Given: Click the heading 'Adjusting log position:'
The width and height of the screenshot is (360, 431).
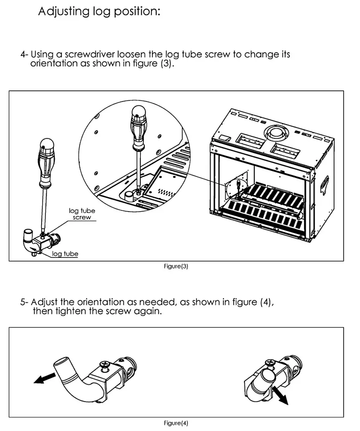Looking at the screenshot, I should (x=99, y=11).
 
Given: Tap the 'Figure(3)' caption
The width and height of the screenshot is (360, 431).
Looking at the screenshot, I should (x=176, y=266).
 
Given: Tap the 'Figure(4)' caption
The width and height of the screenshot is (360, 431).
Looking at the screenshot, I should (x=176, y=423).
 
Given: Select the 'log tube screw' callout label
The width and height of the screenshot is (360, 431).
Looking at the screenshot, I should (x=82, y=214).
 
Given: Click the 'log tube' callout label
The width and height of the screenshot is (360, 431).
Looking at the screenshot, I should (x=65, y=254).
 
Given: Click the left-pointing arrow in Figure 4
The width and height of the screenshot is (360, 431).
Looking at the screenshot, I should (x=45, y=378).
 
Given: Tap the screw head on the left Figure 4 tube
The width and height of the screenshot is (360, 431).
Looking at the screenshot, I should (x=104, y=364).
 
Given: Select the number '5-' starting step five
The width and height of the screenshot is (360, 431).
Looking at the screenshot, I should (x=24, y=302).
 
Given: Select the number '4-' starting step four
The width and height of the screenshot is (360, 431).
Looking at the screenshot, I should (x=24, y=55).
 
